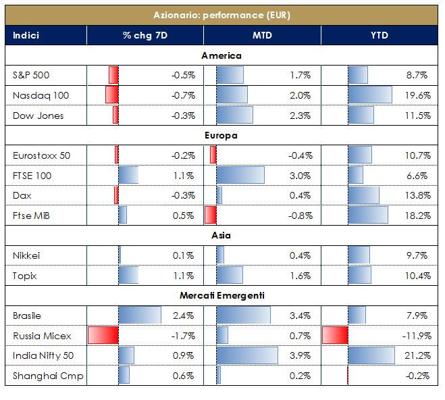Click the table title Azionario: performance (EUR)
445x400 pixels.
(x=221, y=15)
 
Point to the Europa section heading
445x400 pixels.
(x=221, y=136)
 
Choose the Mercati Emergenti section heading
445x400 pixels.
(x=221, y=295)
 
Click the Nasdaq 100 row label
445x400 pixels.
(x=41, y=95)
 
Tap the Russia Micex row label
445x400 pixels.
(x=42, y=335)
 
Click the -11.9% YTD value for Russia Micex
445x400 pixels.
(x=416, y=335)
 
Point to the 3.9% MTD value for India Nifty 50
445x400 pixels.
(x=300, y=355)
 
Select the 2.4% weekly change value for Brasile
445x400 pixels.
(x=184, y=316)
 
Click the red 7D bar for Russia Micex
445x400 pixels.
(x=103, y=335)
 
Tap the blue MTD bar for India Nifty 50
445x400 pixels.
(x=246, y=355)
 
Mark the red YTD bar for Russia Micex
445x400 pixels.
(x=335, y=335)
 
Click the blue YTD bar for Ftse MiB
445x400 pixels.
(x=367, y=216)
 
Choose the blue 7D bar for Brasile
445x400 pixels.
(x=140, y=316)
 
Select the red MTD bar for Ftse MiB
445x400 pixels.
(x=211, y=216)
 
